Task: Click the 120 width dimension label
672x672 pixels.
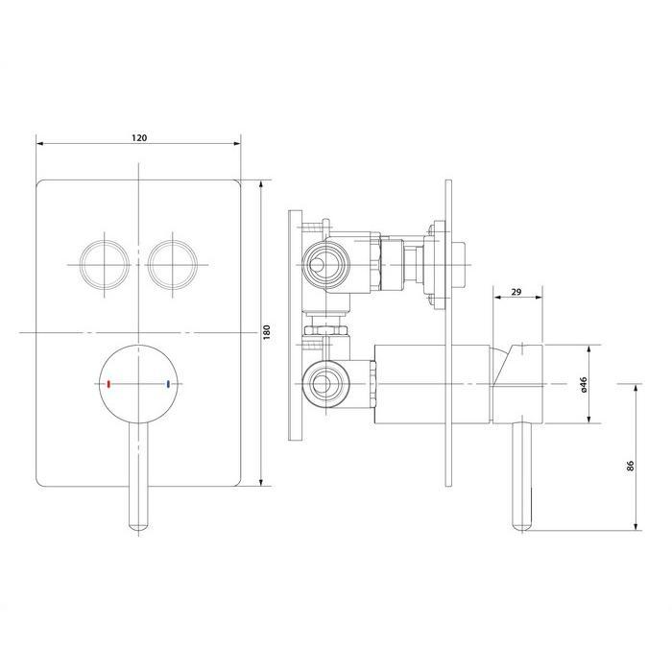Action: click(x=139, y=137)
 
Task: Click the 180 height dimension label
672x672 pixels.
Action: click(x=267, y=332)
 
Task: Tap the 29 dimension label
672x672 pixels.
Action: click(x=516, y=292)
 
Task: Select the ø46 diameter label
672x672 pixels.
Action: click(x=584, y=384)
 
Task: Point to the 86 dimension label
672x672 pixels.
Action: click(x=630, y=466)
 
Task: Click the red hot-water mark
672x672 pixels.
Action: click(x=108, y=384)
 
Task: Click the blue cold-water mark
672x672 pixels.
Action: click(x=168, y=384)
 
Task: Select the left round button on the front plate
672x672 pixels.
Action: click(x=104, y=265)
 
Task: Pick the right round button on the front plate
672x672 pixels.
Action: click(x=172, y=265)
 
